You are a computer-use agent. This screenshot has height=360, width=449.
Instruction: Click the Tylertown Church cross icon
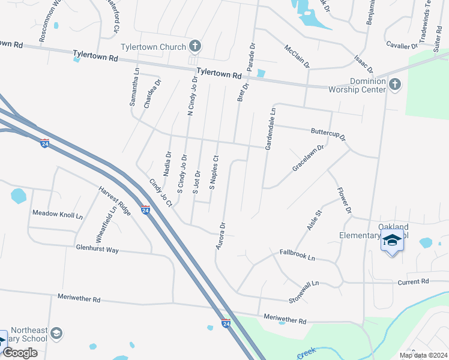pos(194,46)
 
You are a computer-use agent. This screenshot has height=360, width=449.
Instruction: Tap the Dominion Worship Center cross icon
pos(394,84)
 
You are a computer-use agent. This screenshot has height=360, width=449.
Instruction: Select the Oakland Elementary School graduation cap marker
pos(392,240)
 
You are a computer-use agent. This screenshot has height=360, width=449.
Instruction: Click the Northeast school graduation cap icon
pos(56,333)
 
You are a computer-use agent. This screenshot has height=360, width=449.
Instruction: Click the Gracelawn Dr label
pos(308,158)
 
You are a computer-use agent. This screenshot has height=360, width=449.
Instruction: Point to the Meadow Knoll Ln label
pos(58,214)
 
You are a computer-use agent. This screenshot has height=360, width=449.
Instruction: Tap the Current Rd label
pos(414,281)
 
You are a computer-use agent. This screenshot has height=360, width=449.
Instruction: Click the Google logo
pos(20,353)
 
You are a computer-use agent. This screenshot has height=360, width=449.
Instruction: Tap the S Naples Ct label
pos(213,172)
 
